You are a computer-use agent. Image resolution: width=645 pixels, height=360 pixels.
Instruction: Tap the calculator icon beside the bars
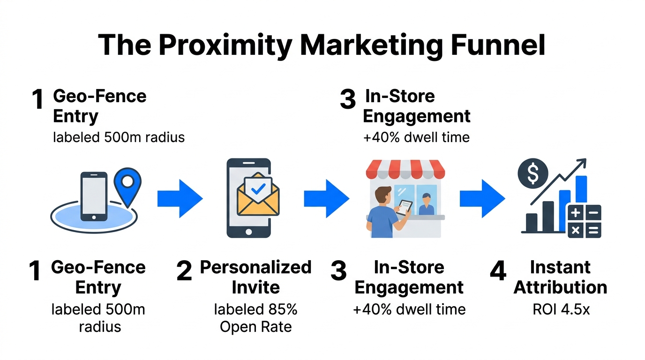[584, 221]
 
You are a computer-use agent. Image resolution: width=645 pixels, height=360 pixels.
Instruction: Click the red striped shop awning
[405, 169]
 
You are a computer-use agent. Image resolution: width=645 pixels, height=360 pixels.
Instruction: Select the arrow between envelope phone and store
[326, 199]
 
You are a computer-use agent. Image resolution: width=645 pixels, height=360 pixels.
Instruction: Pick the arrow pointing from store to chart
[482, 199]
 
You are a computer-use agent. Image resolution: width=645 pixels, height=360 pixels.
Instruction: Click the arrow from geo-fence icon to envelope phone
[180, 199]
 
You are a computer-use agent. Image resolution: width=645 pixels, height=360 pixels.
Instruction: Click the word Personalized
[256, 267]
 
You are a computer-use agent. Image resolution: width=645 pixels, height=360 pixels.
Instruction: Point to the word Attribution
[560, 287]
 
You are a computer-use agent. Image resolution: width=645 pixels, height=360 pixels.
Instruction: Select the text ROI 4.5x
[561, 309]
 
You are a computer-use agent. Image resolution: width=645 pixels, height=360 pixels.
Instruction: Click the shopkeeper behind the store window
[426, 204]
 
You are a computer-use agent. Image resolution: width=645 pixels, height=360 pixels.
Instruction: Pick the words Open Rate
[256, 327]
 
